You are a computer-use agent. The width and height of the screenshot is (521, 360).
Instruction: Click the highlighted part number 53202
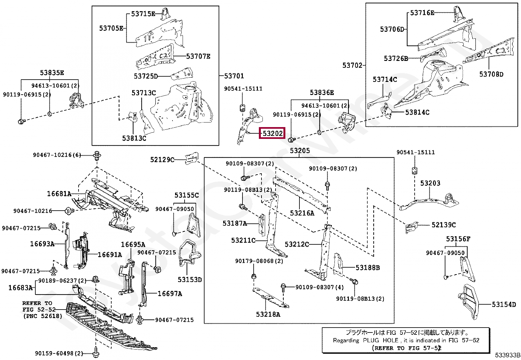pyautogui.click(x=272, y=133)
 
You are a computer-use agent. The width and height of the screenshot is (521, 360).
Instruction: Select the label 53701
pyautogui.click(x=234, y=76)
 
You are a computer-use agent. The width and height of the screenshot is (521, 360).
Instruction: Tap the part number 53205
pyautogui.click(x=299, y=151)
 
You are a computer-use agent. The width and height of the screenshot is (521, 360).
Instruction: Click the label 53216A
pyautogui.click(x=302, y=213)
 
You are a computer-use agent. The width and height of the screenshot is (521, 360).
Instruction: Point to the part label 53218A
pyautogui.click(x=268, y=314)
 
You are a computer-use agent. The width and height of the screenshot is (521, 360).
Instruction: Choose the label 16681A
pyautogui.click(x=59, y=194)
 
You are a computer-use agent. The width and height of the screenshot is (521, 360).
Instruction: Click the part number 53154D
pyautogui.click(x=504, y=304)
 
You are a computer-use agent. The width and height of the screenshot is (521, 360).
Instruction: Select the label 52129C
pyautogui.click(x=162, y=160)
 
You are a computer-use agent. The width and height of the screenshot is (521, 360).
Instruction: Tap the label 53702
pyautogui.click(x=352, y=65)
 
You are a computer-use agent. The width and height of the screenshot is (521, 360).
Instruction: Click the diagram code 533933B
pyautogui.click(x=507, y=355)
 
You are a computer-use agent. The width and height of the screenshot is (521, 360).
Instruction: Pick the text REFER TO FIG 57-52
pyautogui.click(x=406, y=348)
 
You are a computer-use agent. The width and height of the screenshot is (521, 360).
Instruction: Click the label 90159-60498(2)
pyautogui.click(x=59, y=353)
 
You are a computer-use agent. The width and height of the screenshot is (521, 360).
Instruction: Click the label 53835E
pyautogui.click(x=52, y=73)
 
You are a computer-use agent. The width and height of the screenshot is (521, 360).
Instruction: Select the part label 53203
pyautogui.click(x=430, y=183)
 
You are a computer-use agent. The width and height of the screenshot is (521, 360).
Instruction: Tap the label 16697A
pyautogui.click(x=170, y=294)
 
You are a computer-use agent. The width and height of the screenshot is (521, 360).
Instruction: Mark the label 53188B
pyautogui.click(x=368, y=268)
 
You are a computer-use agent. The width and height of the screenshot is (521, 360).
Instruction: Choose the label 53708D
pyautogui.click(x=491, y=74)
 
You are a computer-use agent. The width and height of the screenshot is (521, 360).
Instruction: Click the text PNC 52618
pyautogui.click(x=42, y=316)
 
